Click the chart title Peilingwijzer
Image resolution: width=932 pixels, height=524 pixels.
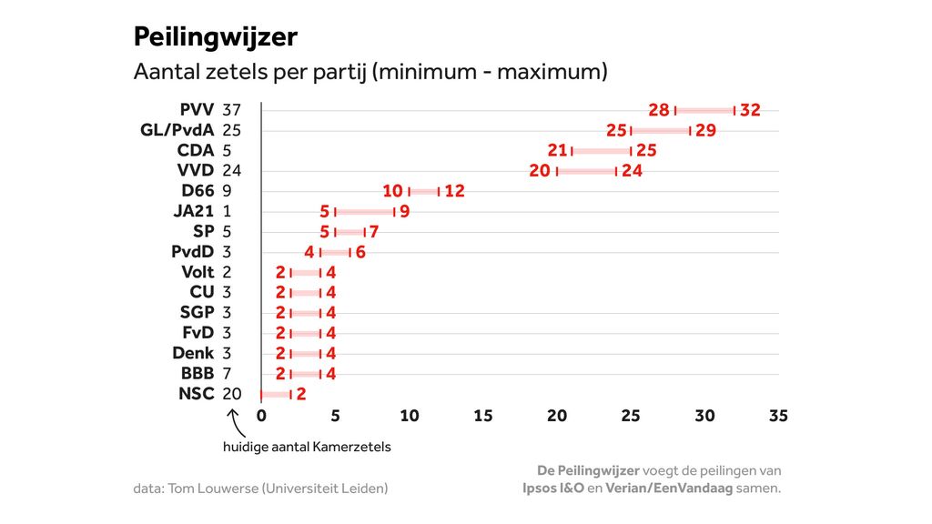pyautogui.click(x=216, y=36)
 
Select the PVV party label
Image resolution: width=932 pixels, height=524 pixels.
pyautogui.click(x=197, y=110)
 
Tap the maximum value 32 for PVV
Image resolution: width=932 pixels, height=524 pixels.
pyautogui.click(x=750, y=110)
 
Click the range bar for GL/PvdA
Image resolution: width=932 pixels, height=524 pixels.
pyautogui.click(x=661, y=130)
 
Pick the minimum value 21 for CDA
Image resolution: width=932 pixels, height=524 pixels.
pyautogui.click(x=557, y=151)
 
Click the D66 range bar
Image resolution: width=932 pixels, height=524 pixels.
pyautogui.click(x=424, y=191)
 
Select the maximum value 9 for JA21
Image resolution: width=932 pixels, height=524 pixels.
pyautogui.click(x=404, y=212)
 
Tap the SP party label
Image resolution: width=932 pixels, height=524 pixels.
pyautogui.click(x=204, y=232)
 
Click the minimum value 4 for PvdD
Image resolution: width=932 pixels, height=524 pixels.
pyautogui.click(x=309, y=252)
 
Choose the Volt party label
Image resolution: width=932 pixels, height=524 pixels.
pyautogui.click(x=198, y=272)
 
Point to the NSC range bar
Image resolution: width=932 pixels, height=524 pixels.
pyautogui.click(x=275, y=394)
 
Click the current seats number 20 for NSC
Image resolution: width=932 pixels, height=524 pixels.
pyautogui.click(x=231, y=394)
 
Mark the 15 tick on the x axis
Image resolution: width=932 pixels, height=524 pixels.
pyautogui.click(x=483, y=417)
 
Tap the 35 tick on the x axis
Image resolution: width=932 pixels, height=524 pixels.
pyautogui.click(x=778, y=417)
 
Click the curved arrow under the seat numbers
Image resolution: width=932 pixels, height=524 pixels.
pyautogui.click(x=234, y=421)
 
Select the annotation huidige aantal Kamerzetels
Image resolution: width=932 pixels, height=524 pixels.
pyautogui.click(x=307, y=448)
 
